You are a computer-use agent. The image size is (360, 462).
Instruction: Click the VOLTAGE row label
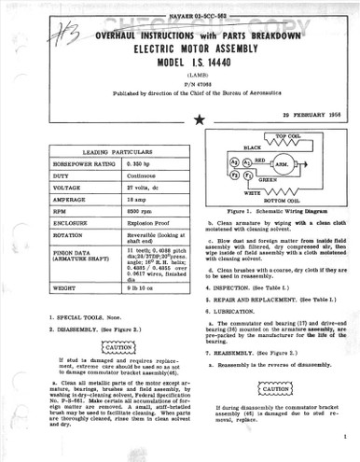point(59,187)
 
